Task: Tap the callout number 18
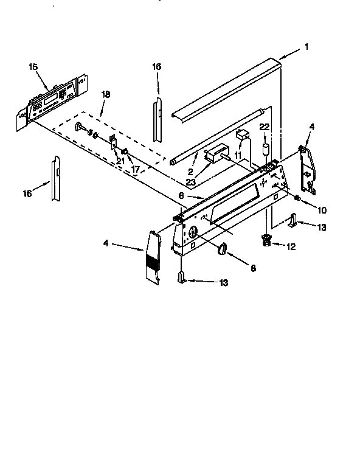(x=106, y=94)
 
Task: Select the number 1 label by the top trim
(x=307, y=46)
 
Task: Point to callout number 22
(x=264, y=126)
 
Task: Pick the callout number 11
(x=238, y=156)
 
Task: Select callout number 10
(x=322, y=210)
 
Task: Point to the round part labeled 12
(x=266, y=240)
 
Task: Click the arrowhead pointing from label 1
(x=281, y=59)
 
